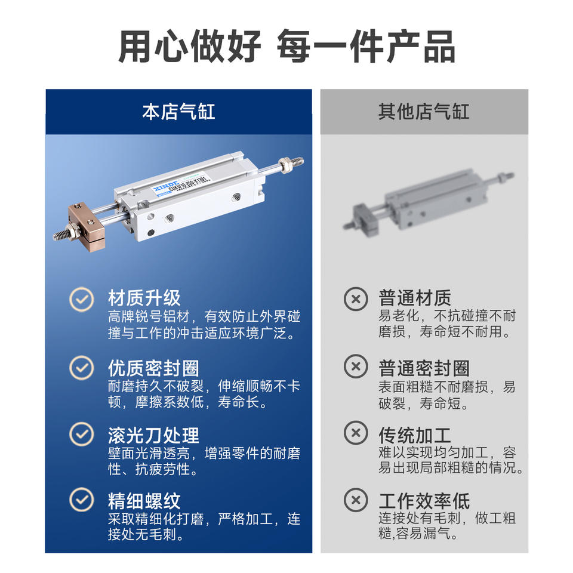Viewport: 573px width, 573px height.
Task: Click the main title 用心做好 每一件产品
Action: click(x=287, y=47)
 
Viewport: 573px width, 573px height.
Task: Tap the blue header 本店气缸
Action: click(x=178, y=112)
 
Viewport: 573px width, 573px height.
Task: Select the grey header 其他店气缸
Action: click(x=424, y=112)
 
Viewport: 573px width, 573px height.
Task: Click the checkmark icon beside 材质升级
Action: click(x=82, y=299)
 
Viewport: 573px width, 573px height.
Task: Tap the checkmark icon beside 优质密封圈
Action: click(x=82, y=368)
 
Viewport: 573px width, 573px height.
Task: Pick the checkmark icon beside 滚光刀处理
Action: click(x=82, y=434)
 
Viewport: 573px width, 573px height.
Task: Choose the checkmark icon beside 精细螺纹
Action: click(x=82, y=500)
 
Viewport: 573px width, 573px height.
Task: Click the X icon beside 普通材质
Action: click(x=356, y=299)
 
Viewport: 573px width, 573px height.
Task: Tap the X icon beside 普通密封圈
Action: click(x=356, y=366)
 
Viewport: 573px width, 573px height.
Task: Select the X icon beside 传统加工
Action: click(x=356, y=433)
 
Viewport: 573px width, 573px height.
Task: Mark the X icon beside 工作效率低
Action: click(x=356, y=500)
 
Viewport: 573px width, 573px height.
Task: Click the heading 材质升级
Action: click(x=144, y=298)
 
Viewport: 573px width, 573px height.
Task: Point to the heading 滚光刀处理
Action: click(x=153, y=435)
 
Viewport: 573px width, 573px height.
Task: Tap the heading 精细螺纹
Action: click(x=144, y=501)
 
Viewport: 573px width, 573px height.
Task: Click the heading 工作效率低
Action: click(x=424, y=501)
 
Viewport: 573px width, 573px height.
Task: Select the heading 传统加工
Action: click(x=415, y=435)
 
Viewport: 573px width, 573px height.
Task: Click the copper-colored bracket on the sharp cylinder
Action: click(x=86, y=226)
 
